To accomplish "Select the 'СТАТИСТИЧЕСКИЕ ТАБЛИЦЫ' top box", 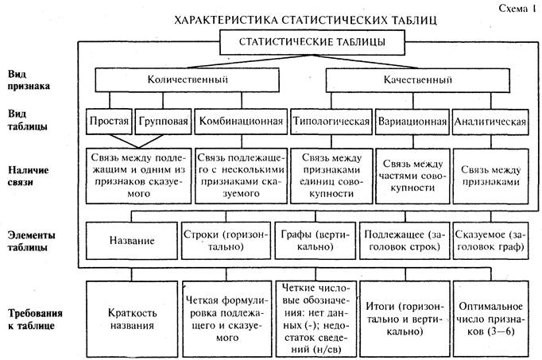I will (x=302, y=40).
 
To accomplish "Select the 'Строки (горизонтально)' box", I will (x=226, y=239).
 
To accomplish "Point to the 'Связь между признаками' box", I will (x=490, y=174).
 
